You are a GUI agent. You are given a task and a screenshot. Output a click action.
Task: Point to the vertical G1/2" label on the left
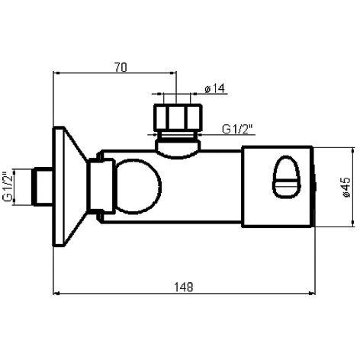pos(8,186)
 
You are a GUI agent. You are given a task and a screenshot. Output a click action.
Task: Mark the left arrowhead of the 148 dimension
pos(56,294)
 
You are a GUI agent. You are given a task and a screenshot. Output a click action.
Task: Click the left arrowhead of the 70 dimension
pos(56,75)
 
